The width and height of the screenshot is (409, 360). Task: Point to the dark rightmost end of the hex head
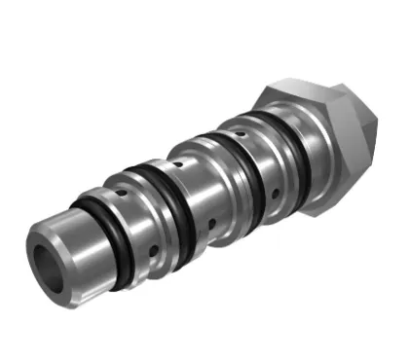(365, 136)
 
